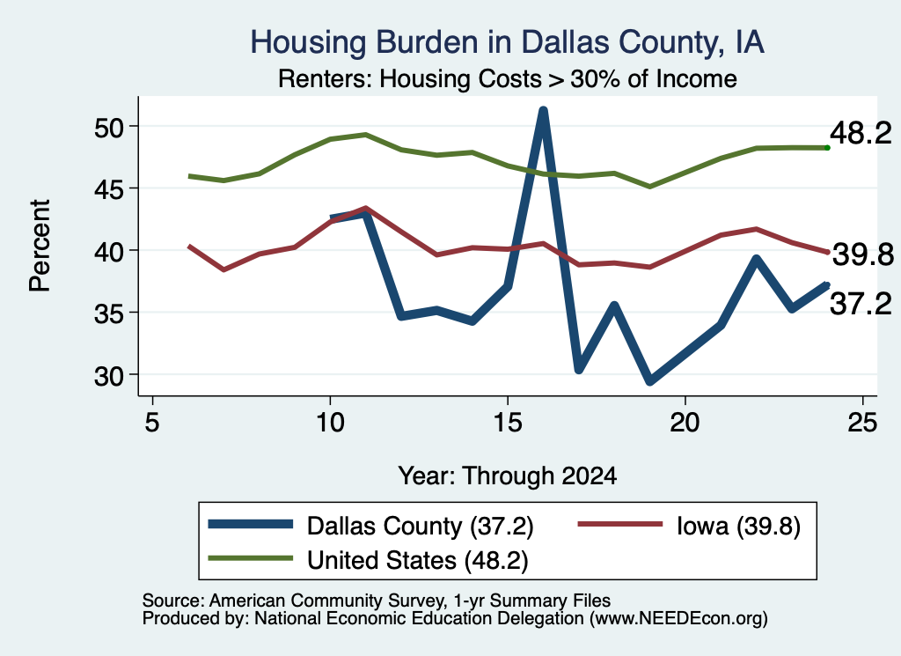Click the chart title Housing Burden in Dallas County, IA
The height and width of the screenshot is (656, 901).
point(507,42)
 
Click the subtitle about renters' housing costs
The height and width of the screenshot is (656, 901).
point(508,78)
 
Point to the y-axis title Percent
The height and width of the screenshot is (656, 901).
point(40,246)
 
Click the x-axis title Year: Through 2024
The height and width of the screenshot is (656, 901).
point(508,476)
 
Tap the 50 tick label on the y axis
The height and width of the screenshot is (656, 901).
point(108,127)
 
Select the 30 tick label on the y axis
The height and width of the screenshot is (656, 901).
point(108,376)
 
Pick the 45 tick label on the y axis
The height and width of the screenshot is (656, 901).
point(108,189)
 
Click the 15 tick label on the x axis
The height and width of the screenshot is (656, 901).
point(508,423)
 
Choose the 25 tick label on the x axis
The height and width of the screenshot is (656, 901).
point(862,423)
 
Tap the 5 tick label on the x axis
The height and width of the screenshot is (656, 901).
point(151,423)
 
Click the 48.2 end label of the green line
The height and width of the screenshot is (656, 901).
point(861,133)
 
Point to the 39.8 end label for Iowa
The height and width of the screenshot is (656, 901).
point(863,254)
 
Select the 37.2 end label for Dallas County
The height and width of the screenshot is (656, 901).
point(861,304)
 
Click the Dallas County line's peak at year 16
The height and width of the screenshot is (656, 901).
point(542,110)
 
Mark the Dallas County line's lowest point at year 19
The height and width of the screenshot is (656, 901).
point(650,380)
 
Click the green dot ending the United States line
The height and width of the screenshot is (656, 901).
point(827,148)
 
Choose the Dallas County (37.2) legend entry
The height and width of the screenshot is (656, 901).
point(370,526)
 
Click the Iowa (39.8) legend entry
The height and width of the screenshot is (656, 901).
point(689,526)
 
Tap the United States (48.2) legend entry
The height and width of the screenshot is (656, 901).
point(368,560)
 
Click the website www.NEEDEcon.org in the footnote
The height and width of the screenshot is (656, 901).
point(678,618)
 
